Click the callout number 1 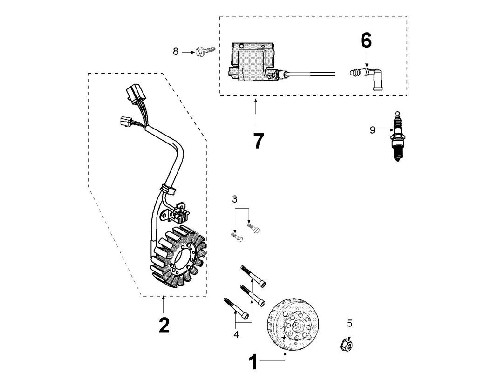[x=253, y=362]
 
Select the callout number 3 [x=235, y=199]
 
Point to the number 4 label [x=236, y=334]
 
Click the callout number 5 [x=349, y=323]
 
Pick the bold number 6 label [x=366, y=41]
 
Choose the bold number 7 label [x=258, y=141]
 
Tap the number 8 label [x=176, y=51]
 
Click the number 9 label [x=372, y=130]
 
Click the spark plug [x=397, y=136]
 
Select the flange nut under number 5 [x=347, y=345]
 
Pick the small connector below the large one [x=126, y=122]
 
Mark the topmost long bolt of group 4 [x=253, y=276]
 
